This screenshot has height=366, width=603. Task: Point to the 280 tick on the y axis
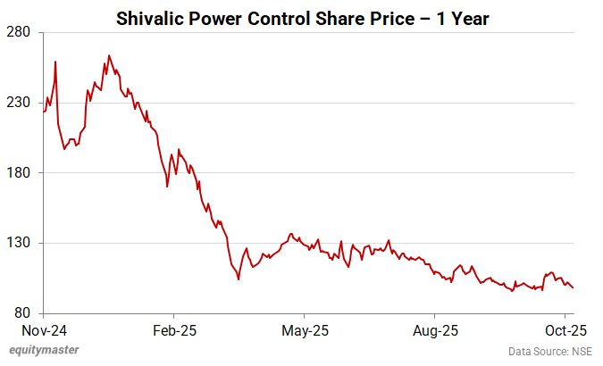tap(20, 33)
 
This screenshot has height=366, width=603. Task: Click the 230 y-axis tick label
tap(20, 103)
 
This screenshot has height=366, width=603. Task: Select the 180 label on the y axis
tap(20, 173)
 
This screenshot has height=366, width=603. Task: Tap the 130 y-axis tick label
tap(20, 243)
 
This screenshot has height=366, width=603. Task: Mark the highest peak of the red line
tap(109, 55)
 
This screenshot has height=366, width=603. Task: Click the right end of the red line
tap(573, 287)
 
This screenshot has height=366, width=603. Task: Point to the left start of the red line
tap(43, 112)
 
